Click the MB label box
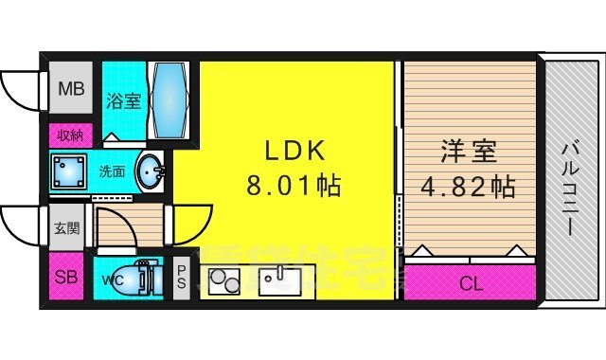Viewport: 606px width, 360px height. (x=70, y=91)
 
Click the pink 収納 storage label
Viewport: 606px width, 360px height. (x=70, y=135)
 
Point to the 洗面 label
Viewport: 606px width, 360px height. (x=112, y=172)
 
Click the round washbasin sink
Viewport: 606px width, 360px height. (x=151, y=172)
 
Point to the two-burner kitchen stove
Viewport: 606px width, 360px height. (x=225, y=281)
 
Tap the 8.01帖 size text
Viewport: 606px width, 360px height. (x=294, y=184)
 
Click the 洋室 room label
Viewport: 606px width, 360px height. (x=470, y=152)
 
